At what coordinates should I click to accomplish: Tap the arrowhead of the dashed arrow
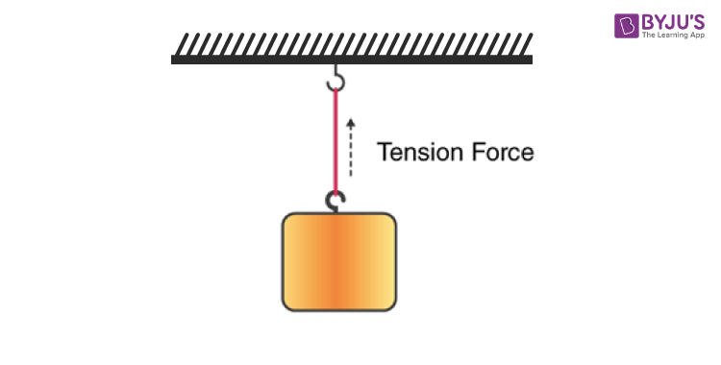[351, 123]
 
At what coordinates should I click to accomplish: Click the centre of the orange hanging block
[338, 261]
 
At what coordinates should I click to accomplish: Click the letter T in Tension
[384, 152]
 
